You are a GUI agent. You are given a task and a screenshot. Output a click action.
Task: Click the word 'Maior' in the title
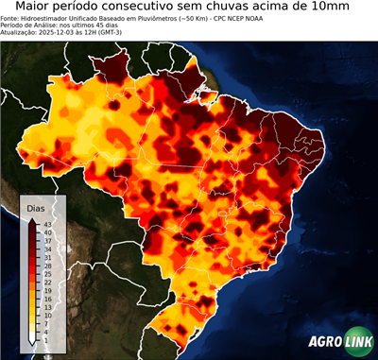[x=35, y=7]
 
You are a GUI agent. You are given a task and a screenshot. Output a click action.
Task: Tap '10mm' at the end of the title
[x=327, y=7]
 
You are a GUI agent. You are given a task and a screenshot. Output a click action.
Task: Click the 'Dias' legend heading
[x=36, y=208]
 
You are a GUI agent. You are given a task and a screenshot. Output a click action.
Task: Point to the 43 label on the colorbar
[x=46, y=223]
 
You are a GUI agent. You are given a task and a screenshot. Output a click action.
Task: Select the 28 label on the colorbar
[x=46, y=267]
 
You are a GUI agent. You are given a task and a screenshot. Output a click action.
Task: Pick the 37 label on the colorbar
[x=46, y=241]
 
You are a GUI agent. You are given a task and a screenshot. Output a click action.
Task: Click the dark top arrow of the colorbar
[x=32, y=220]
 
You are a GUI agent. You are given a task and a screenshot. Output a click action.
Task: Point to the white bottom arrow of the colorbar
[x=32, y=338]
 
